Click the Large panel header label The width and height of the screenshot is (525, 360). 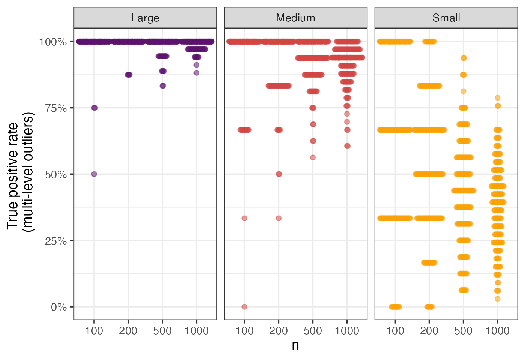pos(145,18)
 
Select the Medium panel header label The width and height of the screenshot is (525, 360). pos(295,18)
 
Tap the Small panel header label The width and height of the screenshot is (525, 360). pos(446,18)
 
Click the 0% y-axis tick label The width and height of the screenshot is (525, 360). pos(59,307)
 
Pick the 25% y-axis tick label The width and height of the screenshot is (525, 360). pos(56,241)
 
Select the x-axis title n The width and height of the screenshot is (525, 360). pos(295,345)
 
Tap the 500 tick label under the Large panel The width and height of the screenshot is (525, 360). pos(162,331)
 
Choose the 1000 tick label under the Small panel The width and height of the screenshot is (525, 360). pos(497,331)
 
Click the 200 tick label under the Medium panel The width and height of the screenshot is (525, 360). pos(279,331)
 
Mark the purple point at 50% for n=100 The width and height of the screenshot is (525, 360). pos(94,174)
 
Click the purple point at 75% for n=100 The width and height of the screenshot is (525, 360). pos(94,108)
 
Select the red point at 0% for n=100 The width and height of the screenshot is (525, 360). pos(244,307)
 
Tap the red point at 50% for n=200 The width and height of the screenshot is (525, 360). pos(279,174)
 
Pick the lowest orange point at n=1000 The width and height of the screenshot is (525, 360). pos(498,299)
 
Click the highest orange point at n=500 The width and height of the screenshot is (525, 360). pos(463,58)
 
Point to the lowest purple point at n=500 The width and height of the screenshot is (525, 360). pos(163,86)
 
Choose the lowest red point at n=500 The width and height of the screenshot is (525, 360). pos(313,157)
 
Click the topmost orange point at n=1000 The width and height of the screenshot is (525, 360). pos(498,98)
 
